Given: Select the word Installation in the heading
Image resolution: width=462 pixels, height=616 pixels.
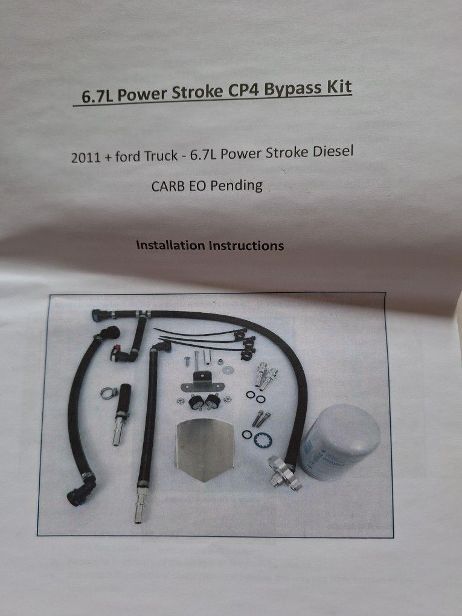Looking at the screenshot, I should [x=170, y=246].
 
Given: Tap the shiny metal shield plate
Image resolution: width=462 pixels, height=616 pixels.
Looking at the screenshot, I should [x=204, y=450].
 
